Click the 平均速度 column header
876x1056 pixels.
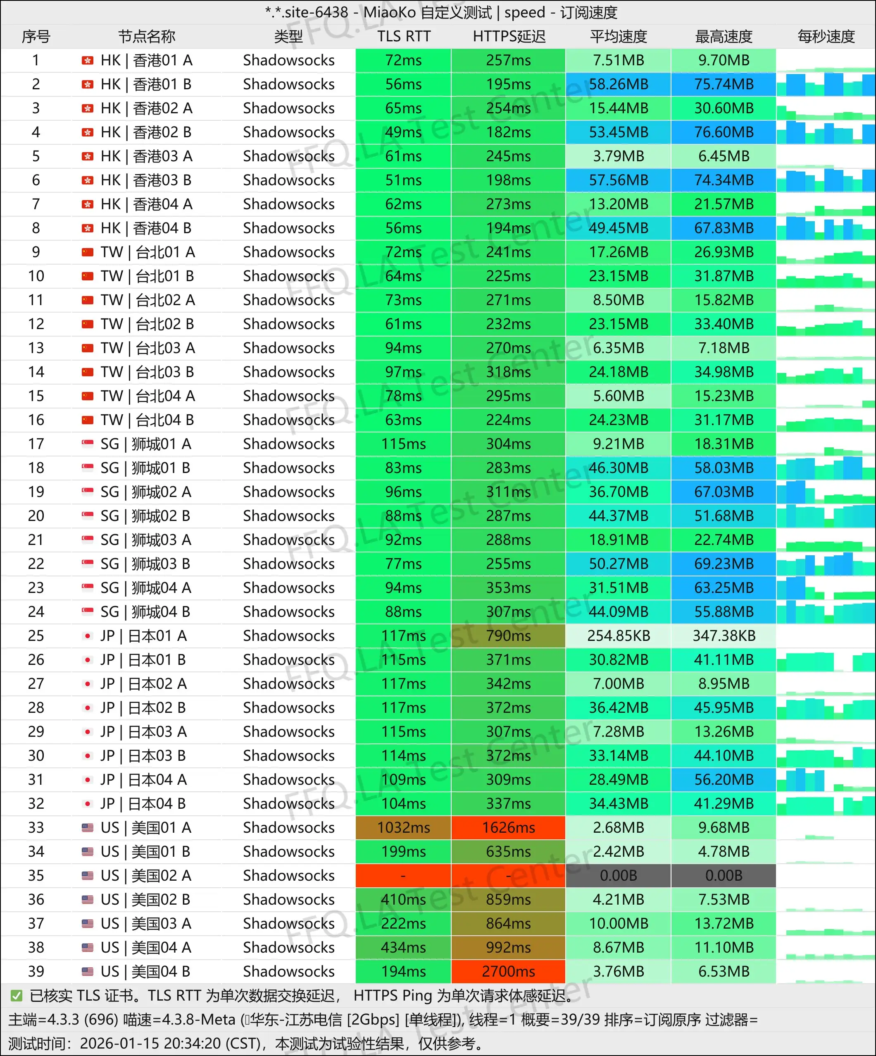point(618,37)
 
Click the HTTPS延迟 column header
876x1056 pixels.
point(509,37)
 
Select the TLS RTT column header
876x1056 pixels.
point(404,37)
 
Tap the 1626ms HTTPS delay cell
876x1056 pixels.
point(509,828)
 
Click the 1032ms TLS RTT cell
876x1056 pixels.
point(404,828)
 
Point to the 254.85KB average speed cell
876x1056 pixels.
point(618,636)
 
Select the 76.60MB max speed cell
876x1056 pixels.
point(723,132)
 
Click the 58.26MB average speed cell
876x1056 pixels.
point(618,84)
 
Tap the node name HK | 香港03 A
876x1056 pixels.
point(146,156)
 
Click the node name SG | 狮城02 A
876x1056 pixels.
point(146,492)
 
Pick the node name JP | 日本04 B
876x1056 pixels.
point(143,803)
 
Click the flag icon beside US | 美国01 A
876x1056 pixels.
point(88,828)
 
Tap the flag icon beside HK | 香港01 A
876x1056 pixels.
point(88,61)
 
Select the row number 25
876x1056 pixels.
point(36,636)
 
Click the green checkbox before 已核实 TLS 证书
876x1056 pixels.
point(17,996)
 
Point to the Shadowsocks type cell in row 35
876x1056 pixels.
point(288,875)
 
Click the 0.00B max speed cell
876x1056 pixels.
point(723,875)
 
